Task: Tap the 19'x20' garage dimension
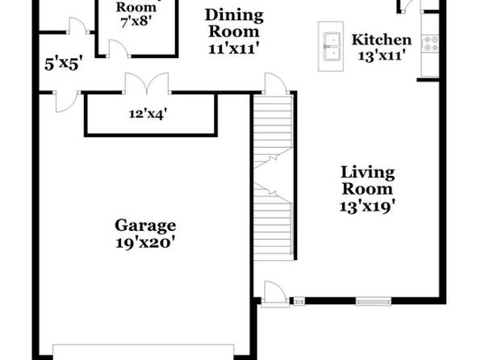(x=145, y=243)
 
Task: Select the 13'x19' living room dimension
(x=367, y=206)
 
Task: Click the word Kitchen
(x=381, y=40)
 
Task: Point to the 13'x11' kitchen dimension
(x=380, y=56)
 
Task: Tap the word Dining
(x=234, y=15)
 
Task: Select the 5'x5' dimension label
(x=63, y=64)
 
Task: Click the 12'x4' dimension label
(x=148, y=114)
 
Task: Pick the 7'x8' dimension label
(x=136, y=22)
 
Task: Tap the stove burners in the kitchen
(x=431, y=44)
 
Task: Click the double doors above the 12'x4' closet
(x=147, y=83)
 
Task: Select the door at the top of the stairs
(x=276, y=83)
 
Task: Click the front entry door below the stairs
(x=275, y=294)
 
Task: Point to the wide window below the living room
(x=374, y=301)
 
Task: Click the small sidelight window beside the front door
(x=299, y=301)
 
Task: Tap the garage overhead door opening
(x=144, y=352)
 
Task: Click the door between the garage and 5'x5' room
(x=65, y=101)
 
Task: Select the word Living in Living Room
(x=368, y=173)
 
